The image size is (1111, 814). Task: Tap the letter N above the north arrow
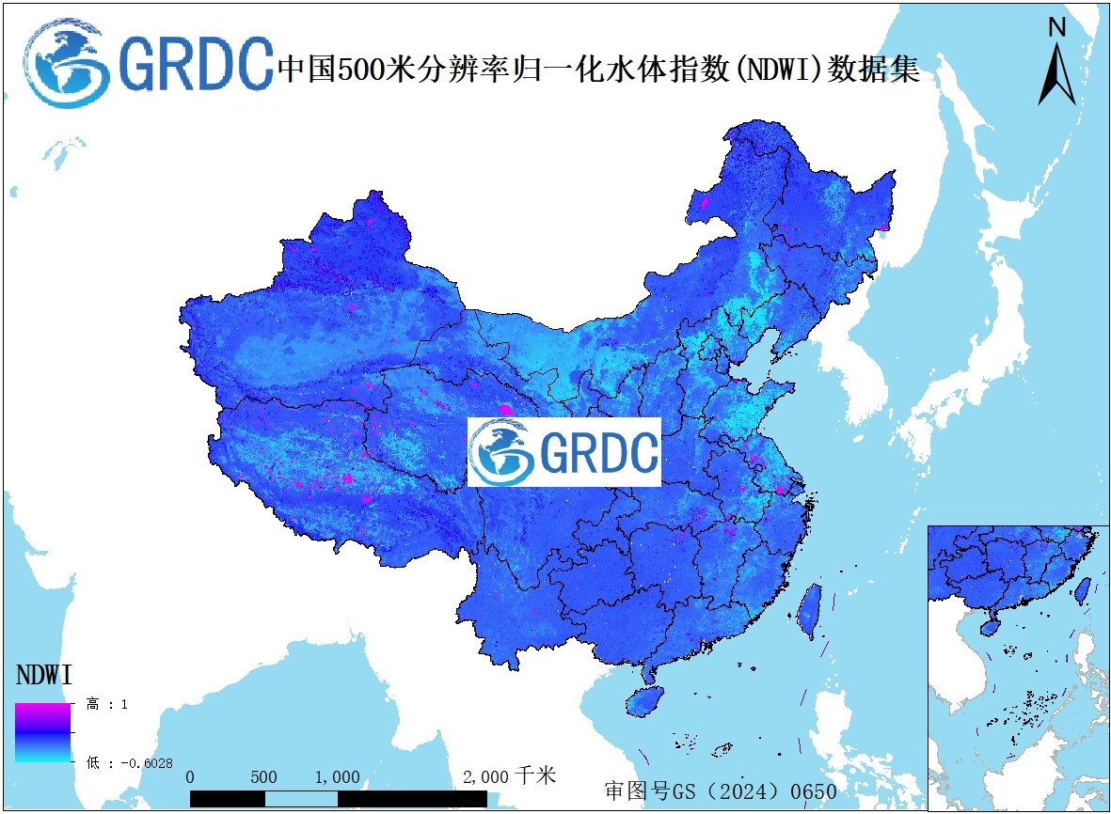click(x=1057, y=28)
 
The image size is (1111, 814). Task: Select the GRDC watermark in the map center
click(x=564, y=452)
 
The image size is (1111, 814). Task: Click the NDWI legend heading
click(x=45, y=675)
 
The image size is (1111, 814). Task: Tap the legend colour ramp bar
click(x=42, y=732)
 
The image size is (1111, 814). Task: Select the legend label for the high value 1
click(x=105, y=704)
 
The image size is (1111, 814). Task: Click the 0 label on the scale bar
click(x=191, y=777)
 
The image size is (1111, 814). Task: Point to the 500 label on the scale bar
click(x=264, y=777)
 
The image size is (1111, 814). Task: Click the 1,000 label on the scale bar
click(x=337, y=777)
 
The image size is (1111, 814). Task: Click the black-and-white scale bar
click(x=339, y=798)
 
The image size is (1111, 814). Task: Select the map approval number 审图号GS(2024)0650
click(x=720, y=791)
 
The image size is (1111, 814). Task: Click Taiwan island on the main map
click(x=808, y=609)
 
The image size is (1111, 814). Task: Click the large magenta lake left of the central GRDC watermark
click(x=507, y=410)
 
